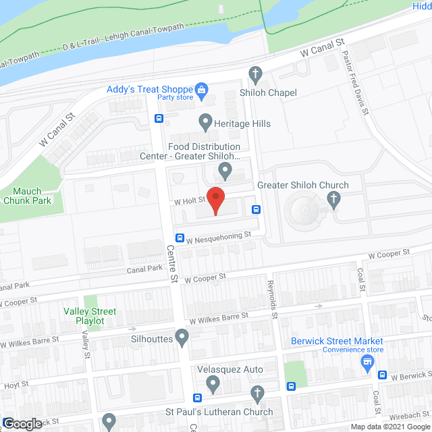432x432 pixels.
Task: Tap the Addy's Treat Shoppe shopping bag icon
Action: coord(200,88)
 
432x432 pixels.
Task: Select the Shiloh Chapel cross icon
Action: coord(255,73)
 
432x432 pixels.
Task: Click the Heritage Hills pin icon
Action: coord(205,122)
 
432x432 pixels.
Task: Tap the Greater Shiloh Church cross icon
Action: coord(332,198)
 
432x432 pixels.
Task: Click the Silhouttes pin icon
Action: coord(182,335)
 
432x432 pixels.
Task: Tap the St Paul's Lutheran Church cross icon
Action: coord(256,394)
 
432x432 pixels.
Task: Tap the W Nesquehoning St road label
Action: coord(219,238)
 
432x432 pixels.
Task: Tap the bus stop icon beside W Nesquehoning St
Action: coord(180,238)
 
